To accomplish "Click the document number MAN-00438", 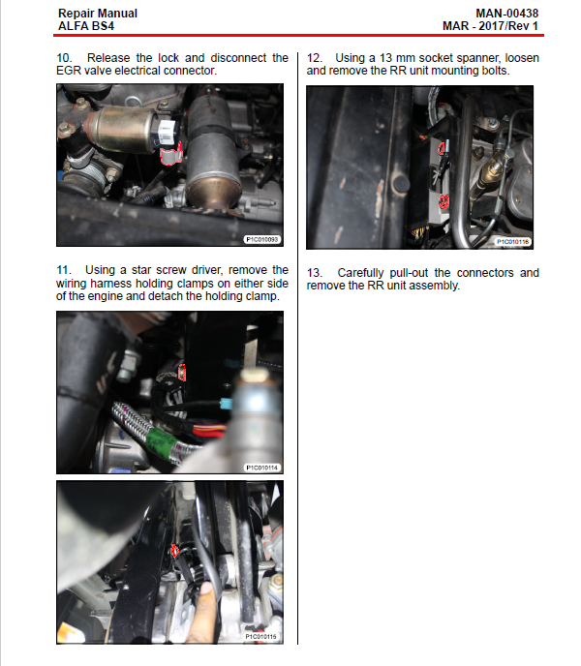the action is coord(506,14).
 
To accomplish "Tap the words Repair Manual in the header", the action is coord(98,14).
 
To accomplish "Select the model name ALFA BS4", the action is coord(86,26).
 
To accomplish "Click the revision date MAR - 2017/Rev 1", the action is coord(491,26).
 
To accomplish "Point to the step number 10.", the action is coord(64,58).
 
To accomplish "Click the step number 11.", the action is coord(64,270).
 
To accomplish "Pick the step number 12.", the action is coord(314,58).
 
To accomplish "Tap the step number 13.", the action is coord(314,273).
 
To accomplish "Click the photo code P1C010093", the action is coord(262,239).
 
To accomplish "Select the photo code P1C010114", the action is coord(262,468).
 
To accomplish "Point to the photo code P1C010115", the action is coord(260,637).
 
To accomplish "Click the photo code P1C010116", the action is coord(513,242).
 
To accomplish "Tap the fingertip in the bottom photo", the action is coord(206,590).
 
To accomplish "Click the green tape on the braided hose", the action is coord(161,440).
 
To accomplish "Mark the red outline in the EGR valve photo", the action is coord(171,154).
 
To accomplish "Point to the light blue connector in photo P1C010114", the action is coord(226,403).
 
